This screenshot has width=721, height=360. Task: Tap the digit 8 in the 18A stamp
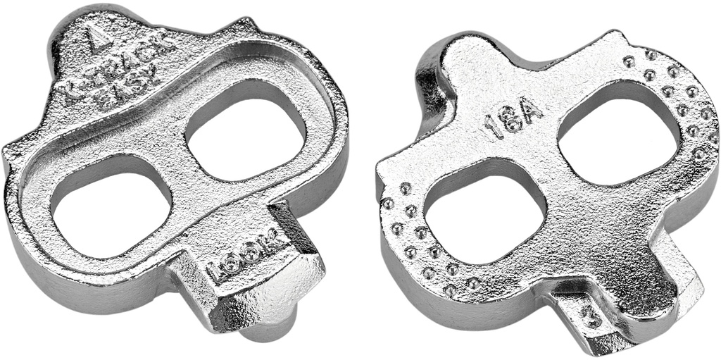pyautogui.click(x=511, y=122)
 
